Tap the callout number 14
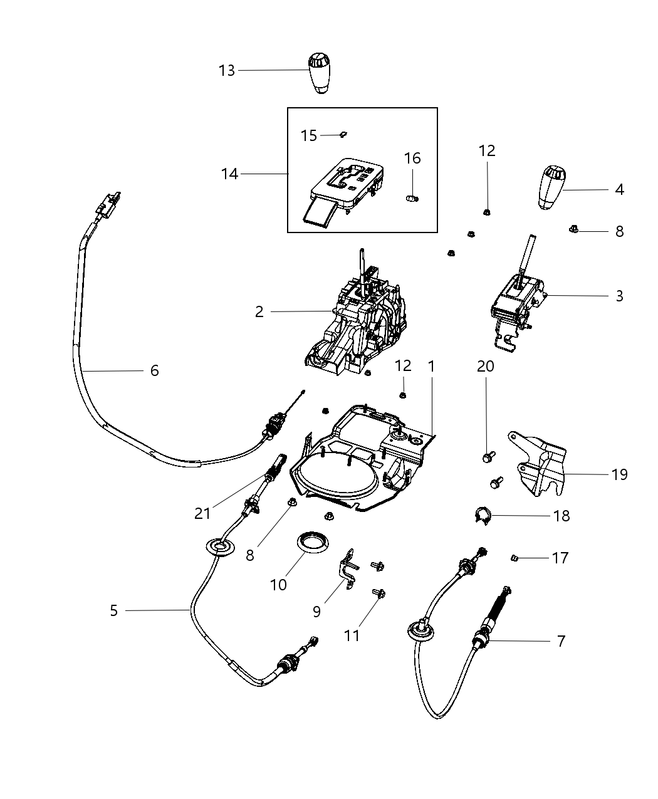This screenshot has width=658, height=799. pyautogui.click(x=229, y=174)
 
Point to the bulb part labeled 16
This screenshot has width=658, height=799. pyautogui.click(x=412, y=198)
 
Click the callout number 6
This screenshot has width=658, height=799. pyautogui.click(x=154, y=370)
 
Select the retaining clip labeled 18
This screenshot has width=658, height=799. pyautogui.click(x=481, y=516)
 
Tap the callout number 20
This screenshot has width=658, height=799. pyautogui.click(x=486, y=366)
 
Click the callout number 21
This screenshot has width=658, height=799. pyautogui.click(x=202, y=513)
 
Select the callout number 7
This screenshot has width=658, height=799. pyautogui.click(x=561, y=640)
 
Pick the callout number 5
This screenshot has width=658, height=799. pyautogui.click(x=113, y=610)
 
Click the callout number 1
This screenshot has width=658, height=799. pyautogui.click(x=431, y=366)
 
